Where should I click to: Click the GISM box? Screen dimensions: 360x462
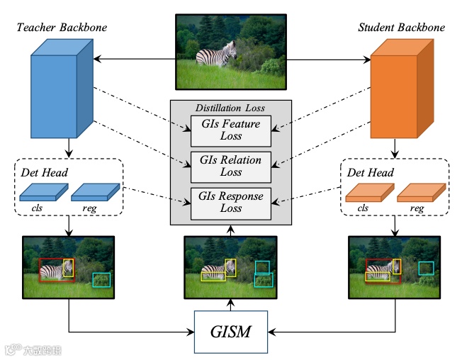click(231, 331)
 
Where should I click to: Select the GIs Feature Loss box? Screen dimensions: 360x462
click(231, 130)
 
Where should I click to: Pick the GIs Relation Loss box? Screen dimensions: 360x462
click(231, 165)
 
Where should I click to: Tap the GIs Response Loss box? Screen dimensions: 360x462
click(231, 202)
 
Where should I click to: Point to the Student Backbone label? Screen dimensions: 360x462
click(402, 28)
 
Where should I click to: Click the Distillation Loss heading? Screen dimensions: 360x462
click(230, 108)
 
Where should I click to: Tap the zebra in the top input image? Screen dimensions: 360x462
click(217, 53)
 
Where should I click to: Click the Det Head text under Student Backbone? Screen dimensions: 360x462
click(369, 171)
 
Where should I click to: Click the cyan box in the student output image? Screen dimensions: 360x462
click(425, 268)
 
